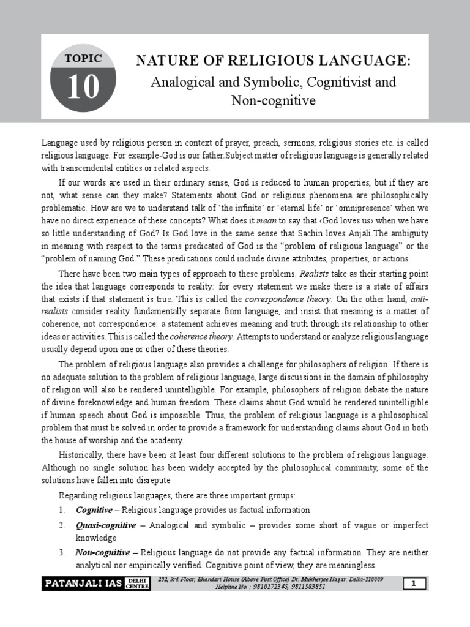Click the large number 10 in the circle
[x=83, y=87]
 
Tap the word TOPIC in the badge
[x=83, y=59]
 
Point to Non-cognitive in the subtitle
[x=274, y=100]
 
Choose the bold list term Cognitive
[x=94, y=509]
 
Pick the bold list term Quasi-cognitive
[x=102, y=525]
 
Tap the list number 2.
[x=62, y=525]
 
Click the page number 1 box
[x=414, y=584]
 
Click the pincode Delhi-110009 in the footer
[x=361, y=579]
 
